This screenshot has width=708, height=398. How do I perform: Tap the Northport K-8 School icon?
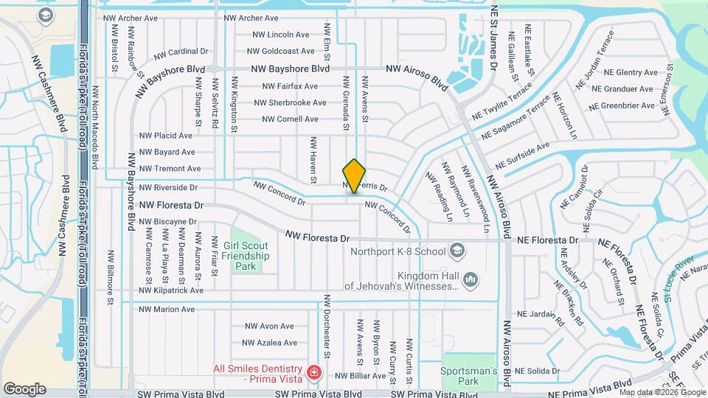pyautogui.click(x=458, y=251)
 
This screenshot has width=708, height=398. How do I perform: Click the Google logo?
pyautogui.click(x=24, y=388)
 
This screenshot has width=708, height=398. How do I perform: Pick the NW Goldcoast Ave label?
pyautogui.click(x=281, y=51)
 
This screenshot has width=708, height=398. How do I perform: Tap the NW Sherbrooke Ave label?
pyautogui.click(x=290, y=102)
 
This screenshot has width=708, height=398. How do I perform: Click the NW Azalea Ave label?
pyautogui.click(x=271, y=343)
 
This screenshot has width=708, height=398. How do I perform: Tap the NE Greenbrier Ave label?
pyautogui.click(x=622, y=105)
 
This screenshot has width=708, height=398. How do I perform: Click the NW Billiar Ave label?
pyautogui.click(x=357, y=376)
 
